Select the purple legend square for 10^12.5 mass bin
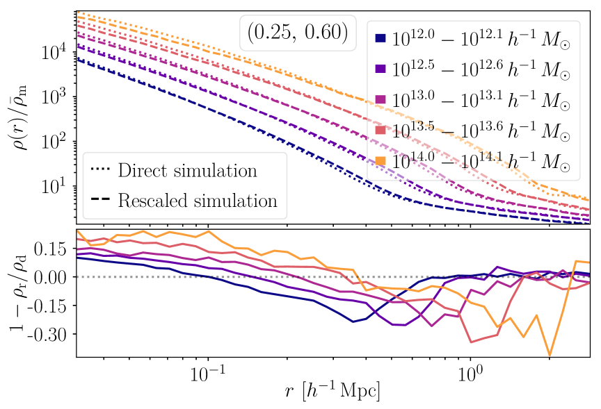[x=380, y=69]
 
